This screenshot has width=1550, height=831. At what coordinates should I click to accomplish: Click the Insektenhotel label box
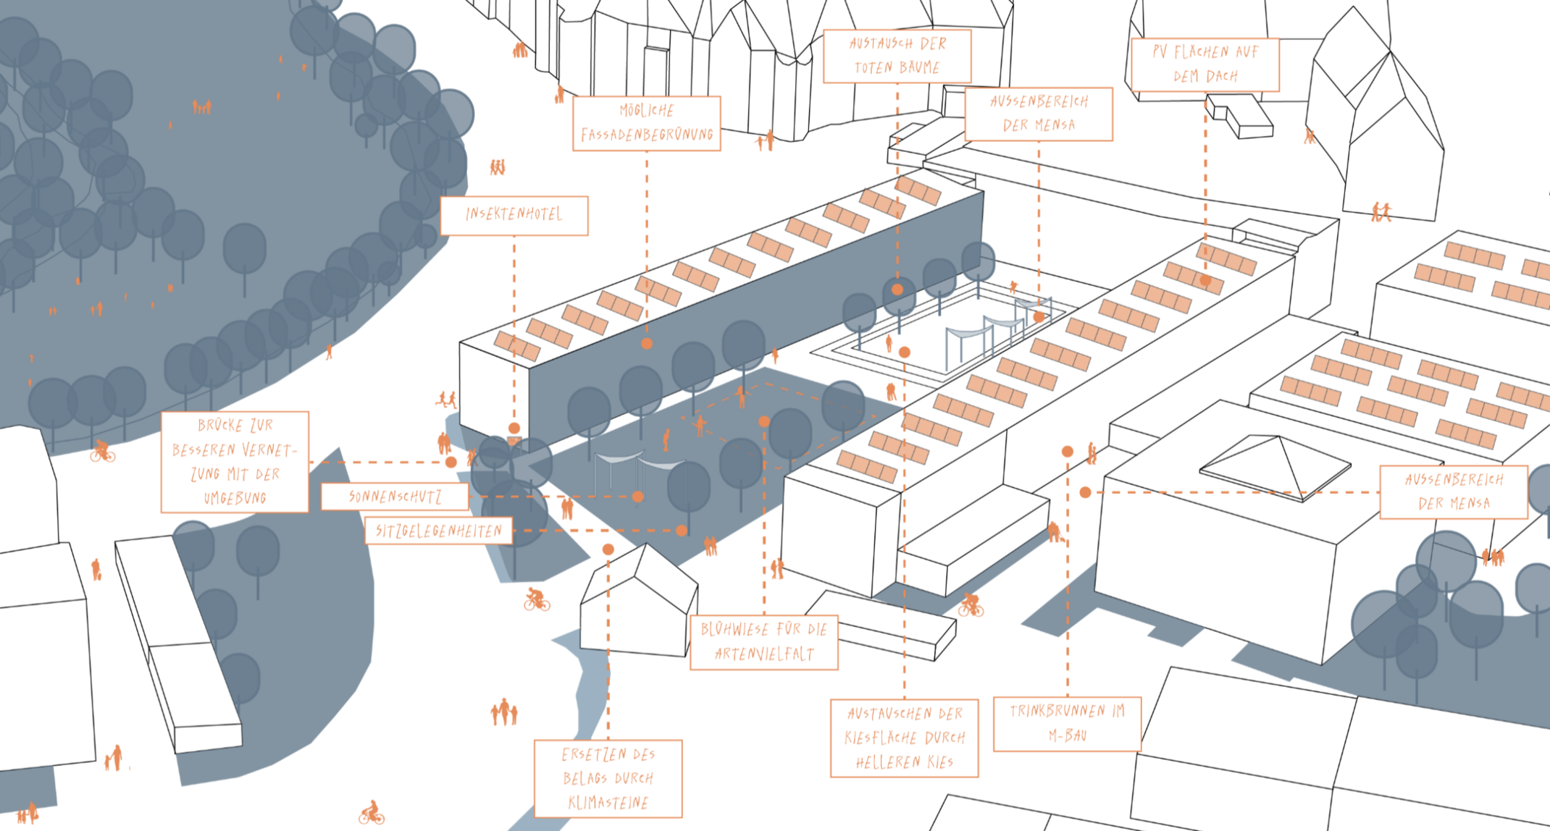514,215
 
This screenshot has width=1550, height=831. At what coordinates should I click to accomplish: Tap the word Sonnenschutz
395,497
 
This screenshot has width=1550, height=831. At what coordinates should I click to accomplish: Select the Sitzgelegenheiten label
439,531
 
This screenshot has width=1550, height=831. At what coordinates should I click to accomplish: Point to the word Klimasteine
608,802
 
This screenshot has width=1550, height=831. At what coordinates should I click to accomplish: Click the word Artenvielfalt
764,654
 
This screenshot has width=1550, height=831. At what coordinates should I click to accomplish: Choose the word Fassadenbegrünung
647,134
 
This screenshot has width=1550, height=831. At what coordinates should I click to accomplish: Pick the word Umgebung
235,498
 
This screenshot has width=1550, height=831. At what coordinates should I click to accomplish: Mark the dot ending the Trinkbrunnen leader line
1067,452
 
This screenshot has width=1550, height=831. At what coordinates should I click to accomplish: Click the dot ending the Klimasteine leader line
608,549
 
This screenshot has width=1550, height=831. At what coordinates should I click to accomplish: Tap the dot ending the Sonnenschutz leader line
637,497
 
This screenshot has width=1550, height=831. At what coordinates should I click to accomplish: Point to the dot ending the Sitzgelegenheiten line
682,531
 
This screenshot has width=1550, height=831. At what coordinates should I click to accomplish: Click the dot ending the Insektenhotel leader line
514,428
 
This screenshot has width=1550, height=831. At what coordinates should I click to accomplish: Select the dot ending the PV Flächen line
1205,279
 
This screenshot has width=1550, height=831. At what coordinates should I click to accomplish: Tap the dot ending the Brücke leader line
451,462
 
